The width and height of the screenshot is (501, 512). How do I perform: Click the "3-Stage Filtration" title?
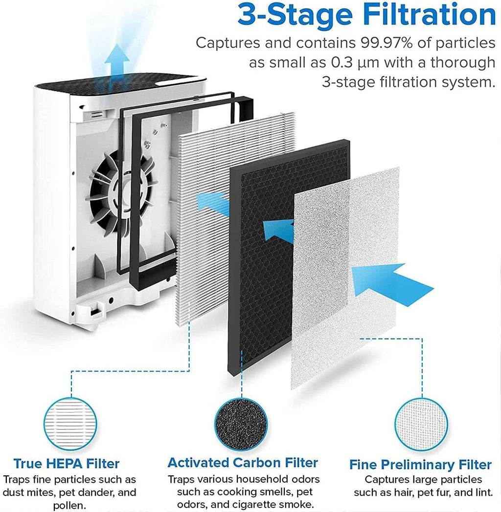coord(366,16)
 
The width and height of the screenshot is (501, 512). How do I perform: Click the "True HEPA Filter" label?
coord(67,464)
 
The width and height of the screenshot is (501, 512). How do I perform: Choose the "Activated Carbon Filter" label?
coord(243,463)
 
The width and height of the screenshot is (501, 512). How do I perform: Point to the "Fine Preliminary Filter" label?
coord(420,465)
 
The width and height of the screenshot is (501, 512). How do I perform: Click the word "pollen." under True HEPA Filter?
coord(69,506)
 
